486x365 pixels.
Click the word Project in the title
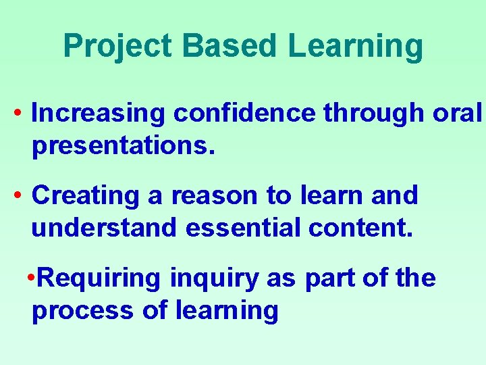pos(118,47)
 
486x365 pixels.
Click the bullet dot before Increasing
pos(18,114)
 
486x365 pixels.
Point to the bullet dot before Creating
pos(18,195)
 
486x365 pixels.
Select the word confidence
pos(244,114)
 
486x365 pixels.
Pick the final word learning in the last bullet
pos(227,310)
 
